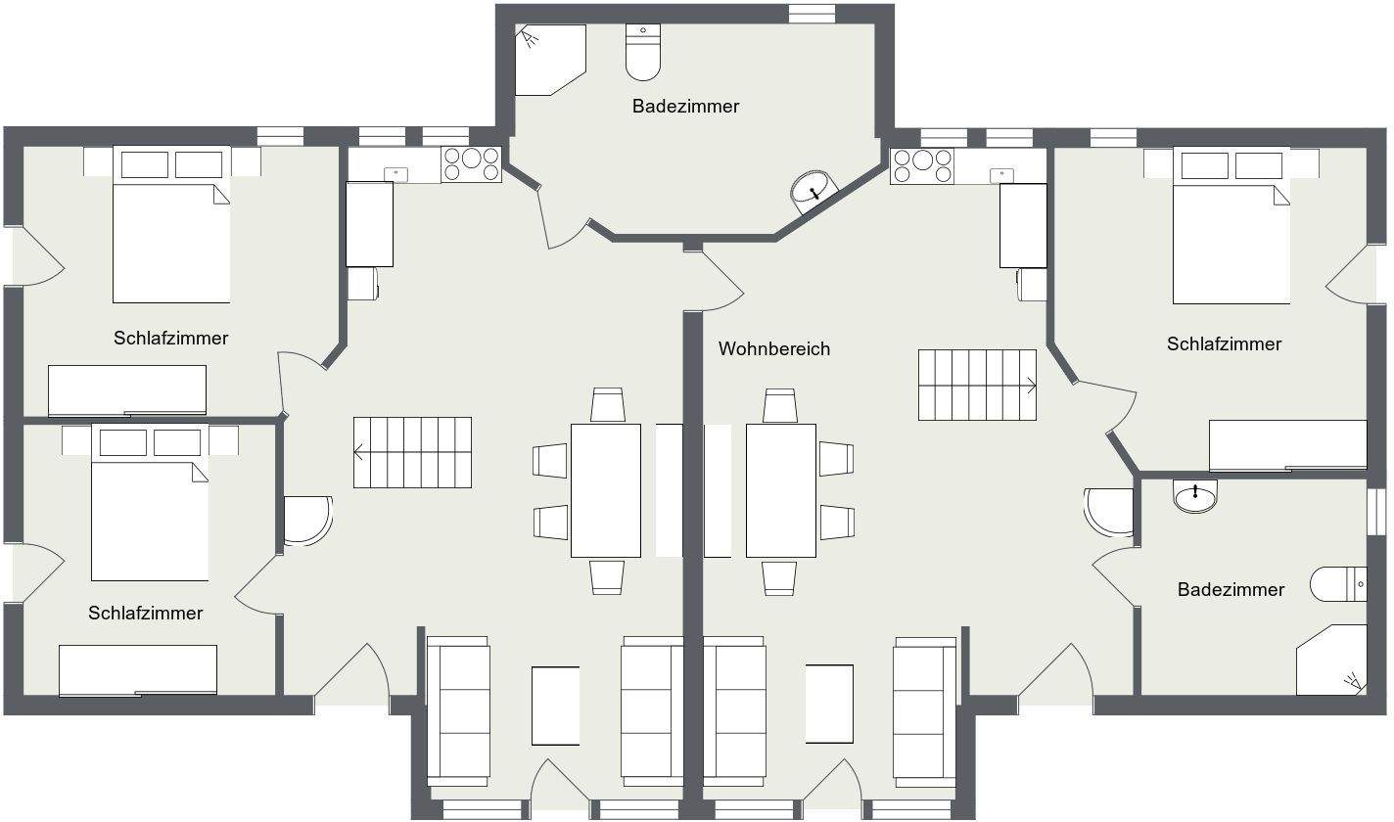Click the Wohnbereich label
click(773, 349)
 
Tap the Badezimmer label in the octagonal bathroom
click(685, 106)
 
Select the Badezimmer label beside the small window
click(1231, 589)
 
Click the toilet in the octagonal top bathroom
click(643, 54)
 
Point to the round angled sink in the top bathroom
click(813, 188)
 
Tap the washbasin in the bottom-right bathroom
click(1194, 496)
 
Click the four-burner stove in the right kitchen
click(920, 165)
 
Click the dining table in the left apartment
click(605, 490)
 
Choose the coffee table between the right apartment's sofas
click(828, 704)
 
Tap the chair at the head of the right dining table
click(779, 405)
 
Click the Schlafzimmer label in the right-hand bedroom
click(1224, 343)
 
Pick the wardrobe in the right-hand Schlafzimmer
click(1287, 445)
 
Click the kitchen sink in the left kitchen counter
click(396, 174)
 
